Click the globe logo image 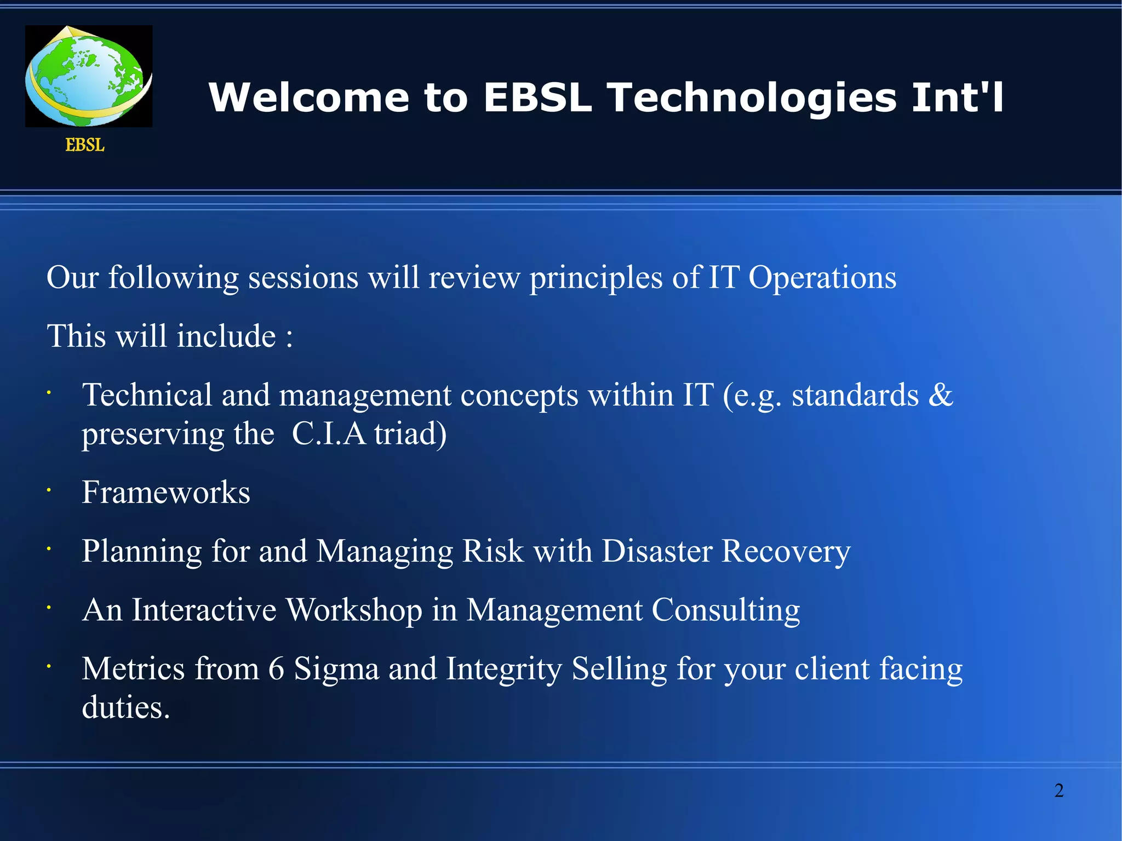pyautogui.click(x=89, y=76)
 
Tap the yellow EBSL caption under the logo pyautogui.click(x=85, y=145)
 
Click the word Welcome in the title pyautogui.click(x=309, y=98)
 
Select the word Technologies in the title pyautogui.click(x=752, y=98)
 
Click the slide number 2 pyautogui.click(x=1059, y=791)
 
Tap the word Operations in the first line pyautogui.click(x=822, y=278)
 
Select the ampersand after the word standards pyautogui.click(x=941, y=395)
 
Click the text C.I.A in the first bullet pyautogui.click(x=328, y=434)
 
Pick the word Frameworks pyautogui.click(x=166, y=492)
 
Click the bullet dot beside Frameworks pyautogui.click(x=49, y=490)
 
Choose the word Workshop pyautogui.click(x=354, y=610)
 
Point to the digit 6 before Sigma pyautogui.click(x=276, y=669)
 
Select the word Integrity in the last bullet pyautogui.click(x=504, y=669)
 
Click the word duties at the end pyautogui.click(x=125, y=707)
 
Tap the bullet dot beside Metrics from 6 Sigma pyautogui.click(x=49, y=666)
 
